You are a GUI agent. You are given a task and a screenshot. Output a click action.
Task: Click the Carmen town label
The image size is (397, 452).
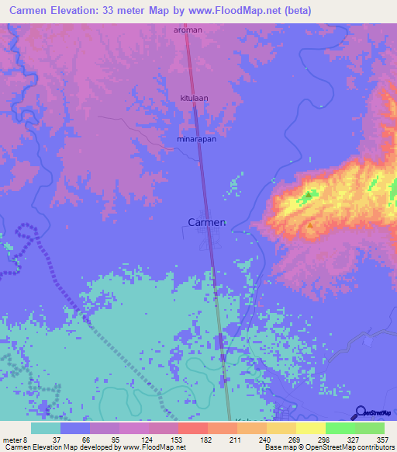207,221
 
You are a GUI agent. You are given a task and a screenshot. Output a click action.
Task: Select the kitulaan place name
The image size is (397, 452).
195,99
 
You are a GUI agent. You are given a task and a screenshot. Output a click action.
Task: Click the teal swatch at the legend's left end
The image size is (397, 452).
46,428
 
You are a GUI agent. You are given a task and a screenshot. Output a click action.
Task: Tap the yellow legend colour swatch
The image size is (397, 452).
310,428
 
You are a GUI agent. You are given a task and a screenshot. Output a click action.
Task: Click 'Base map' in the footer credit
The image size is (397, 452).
278,447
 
